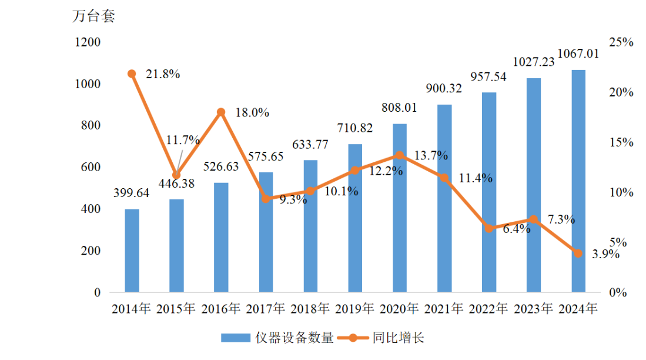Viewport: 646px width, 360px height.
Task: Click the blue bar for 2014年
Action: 132,251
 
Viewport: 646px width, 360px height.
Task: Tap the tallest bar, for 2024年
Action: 578,181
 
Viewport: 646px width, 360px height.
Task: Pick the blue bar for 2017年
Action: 266,232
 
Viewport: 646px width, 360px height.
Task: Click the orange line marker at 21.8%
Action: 132,74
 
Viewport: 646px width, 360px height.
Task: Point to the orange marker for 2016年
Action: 221,112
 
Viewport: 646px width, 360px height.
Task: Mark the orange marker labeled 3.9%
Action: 578,253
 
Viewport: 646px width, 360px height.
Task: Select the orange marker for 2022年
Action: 489,228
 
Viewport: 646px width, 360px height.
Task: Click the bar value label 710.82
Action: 356,128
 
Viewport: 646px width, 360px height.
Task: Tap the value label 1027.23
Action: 534,62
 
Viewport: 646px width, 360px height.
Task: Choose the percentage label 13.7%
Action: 431,156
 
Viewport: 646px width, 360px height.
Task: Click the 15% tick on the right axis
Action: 620,142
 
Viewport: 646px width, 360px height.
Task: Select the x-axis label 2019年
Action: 355,308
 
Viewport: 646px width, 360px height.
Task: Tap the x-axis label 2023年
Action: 534,308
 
